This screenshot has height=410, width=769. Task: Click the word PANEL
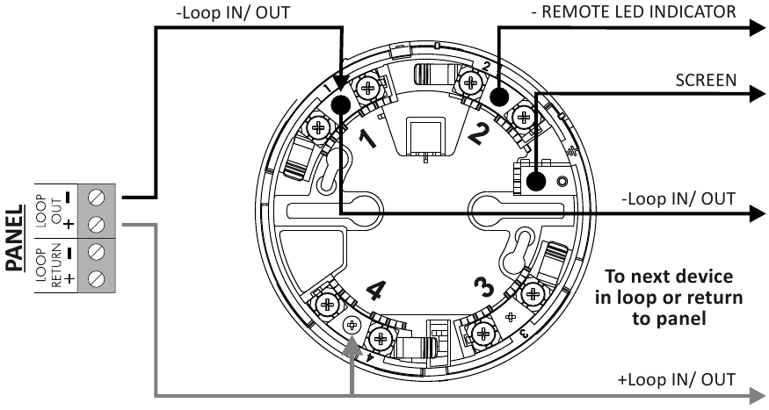point(14,238)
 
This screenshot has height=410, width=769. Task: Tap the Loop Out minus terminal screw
point(97,198)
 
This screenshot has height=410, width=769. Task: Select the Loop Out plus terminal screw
point(97,225)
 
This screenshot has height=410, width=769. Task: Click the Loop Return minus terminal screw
point(97,252)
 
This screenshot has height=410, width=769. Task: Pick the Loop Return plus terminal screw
point(97,279)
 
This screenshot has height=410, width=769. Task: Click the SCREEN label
point(706,81)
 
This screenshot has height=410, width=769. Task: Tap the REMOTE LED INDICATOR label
point(634,11)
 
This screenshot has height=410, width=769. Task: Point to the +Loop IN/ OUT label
point(677,379)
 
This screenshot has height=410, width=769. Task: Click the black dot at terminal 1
point(341,104)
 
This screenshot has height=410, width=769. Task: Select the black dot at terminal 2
point(498,97)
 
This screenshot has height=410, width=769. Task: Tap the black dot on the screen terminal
point(536,182)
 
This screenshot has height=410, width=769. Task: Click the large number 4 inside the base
point(376,290)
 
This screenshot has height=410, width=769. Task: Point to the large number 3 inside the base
point(485,286)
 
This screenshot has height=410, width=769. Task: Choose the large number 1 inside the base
point(366,139)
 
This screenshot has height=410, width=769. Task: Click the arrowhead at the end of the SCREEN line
point(758,93)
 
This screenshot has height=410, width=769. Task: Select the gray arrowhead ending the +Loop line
point(758,394)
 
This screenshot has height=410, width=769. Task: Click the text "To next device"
point(669,277)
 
